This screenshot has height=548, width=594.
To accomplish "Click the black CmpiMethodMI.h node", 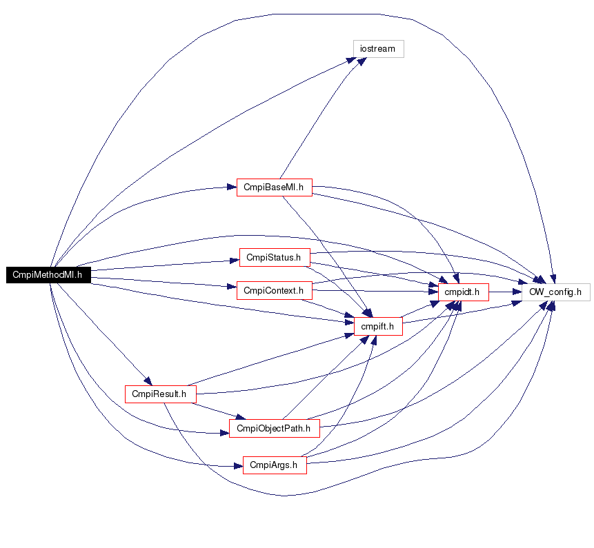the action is click(48, 275).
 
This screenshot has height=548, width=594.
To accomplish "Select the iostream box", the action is click(379, 49).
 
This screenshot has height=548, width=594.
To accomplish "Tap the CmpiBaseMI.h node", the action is click(275, 187).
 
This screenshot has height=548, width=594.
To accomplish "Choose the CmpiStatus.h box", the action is click(275, 257).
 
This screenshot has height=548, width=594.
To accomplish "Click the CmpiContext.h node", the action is click(275, 290).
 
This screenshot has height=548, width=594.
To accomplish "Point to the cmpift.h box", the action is click(378, 326).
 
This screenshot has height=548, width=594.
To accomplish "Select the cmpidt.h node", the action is click(464, 292).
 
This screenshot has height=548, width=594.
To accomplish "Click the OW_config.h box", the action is click(556, 292).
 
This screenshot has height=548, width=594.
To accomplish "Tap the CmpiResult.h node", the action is click(161, 394).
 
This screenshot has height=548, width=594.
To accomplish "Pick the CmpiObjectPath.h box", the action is click(275, 428).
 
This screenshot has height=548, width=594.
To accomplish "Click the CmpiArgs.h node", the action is click(275, 465).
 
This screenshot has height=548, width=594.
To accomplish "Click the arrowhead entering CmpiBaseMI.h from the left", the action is click(232, 187).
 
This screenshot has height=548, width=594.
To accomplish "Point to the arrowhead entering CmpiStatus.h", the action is click(235, 261).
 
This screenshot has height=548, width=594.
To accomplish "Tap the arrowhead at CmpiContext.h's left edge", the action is click(232, 287).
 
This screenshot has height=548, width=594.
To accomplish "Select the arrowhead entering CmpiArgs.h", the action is click(238, 466).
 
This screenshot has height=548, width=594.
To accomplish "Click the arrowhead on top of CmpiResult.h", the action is click(148, 380).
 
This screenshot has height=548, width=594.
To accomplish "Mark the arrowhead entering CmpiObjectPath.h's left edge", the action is click(225, 433).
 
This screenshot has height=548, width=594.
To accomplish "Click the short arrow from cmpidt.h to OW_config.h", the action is click(506, 292).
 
